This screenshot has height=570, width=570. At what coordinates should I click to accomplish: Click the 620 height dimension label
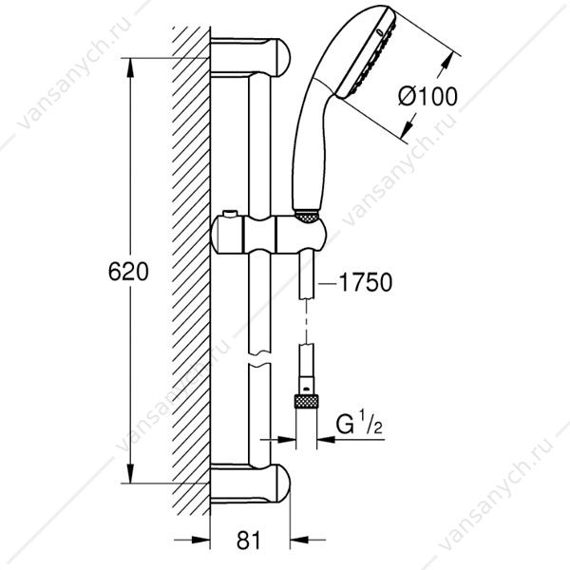pos(128,271)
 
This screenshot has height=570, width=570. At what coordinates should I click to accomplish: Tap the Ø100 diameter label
pos(427,97)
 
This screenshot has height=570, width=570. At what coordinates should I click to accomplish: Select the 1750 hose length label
pos(366,282)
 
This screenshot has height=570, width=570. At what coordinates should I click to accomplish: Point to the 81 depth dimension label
pos(249,541)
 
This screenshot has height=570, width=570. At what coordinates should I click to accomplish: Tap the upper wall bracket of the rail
pos(251,57)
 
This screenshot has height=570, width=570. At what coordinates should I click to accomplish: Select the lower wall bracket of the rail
pos(251,484)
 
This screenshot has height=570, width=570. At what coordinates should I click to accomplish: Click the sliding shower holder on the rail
pos(269,234)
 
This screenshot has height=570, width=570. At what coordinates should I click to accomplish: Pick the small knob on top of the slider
pos(231,214)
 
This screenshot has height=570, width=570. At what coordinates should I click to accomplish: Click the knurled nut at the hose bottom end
pos(306,403)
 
